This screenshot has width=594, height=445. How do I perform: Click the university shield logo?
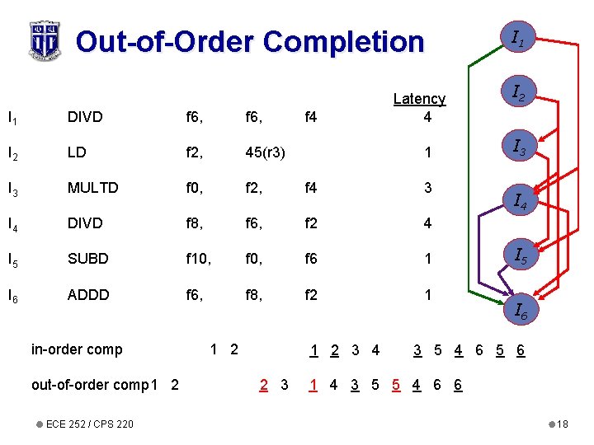45,40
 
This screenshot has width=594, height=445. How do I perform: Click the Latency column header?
419,99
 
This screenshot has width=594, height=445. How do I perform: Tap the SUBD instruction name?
87,259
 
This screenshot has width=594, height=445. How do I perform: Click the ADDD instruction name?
87,294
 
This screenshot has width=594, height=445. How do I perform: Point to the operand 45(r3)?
266,152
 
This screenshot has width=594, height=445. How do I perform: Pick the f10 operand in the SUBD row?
195,259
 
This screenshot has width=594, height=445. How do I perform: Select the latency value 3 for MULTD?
427,188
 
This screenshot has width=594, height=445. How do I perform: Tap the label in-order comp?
77,349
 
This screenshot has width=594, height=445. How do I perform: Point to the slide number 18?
563,424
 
